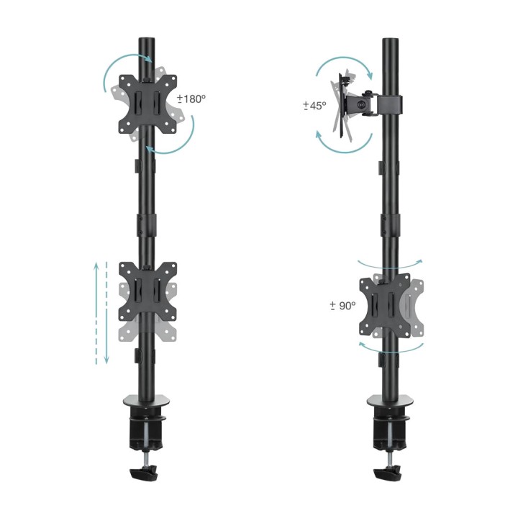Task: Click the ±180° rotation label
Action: tap(191, 99)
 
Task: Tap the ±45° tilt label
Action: tap(314, 106)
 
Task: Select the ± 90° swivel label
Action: tap(343, 306)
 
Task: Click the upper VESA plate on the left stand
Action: tap(147, 104)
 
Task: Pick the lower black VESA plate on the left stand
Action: tap(147, 291)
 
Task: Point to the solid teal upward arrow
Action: tap(96, 313)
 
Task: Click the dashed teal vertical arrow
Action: tap(106, 313)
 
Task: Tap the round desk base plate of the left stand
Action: tap(146, 401)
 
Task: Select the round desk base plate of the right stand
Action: tap(391, 401)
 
